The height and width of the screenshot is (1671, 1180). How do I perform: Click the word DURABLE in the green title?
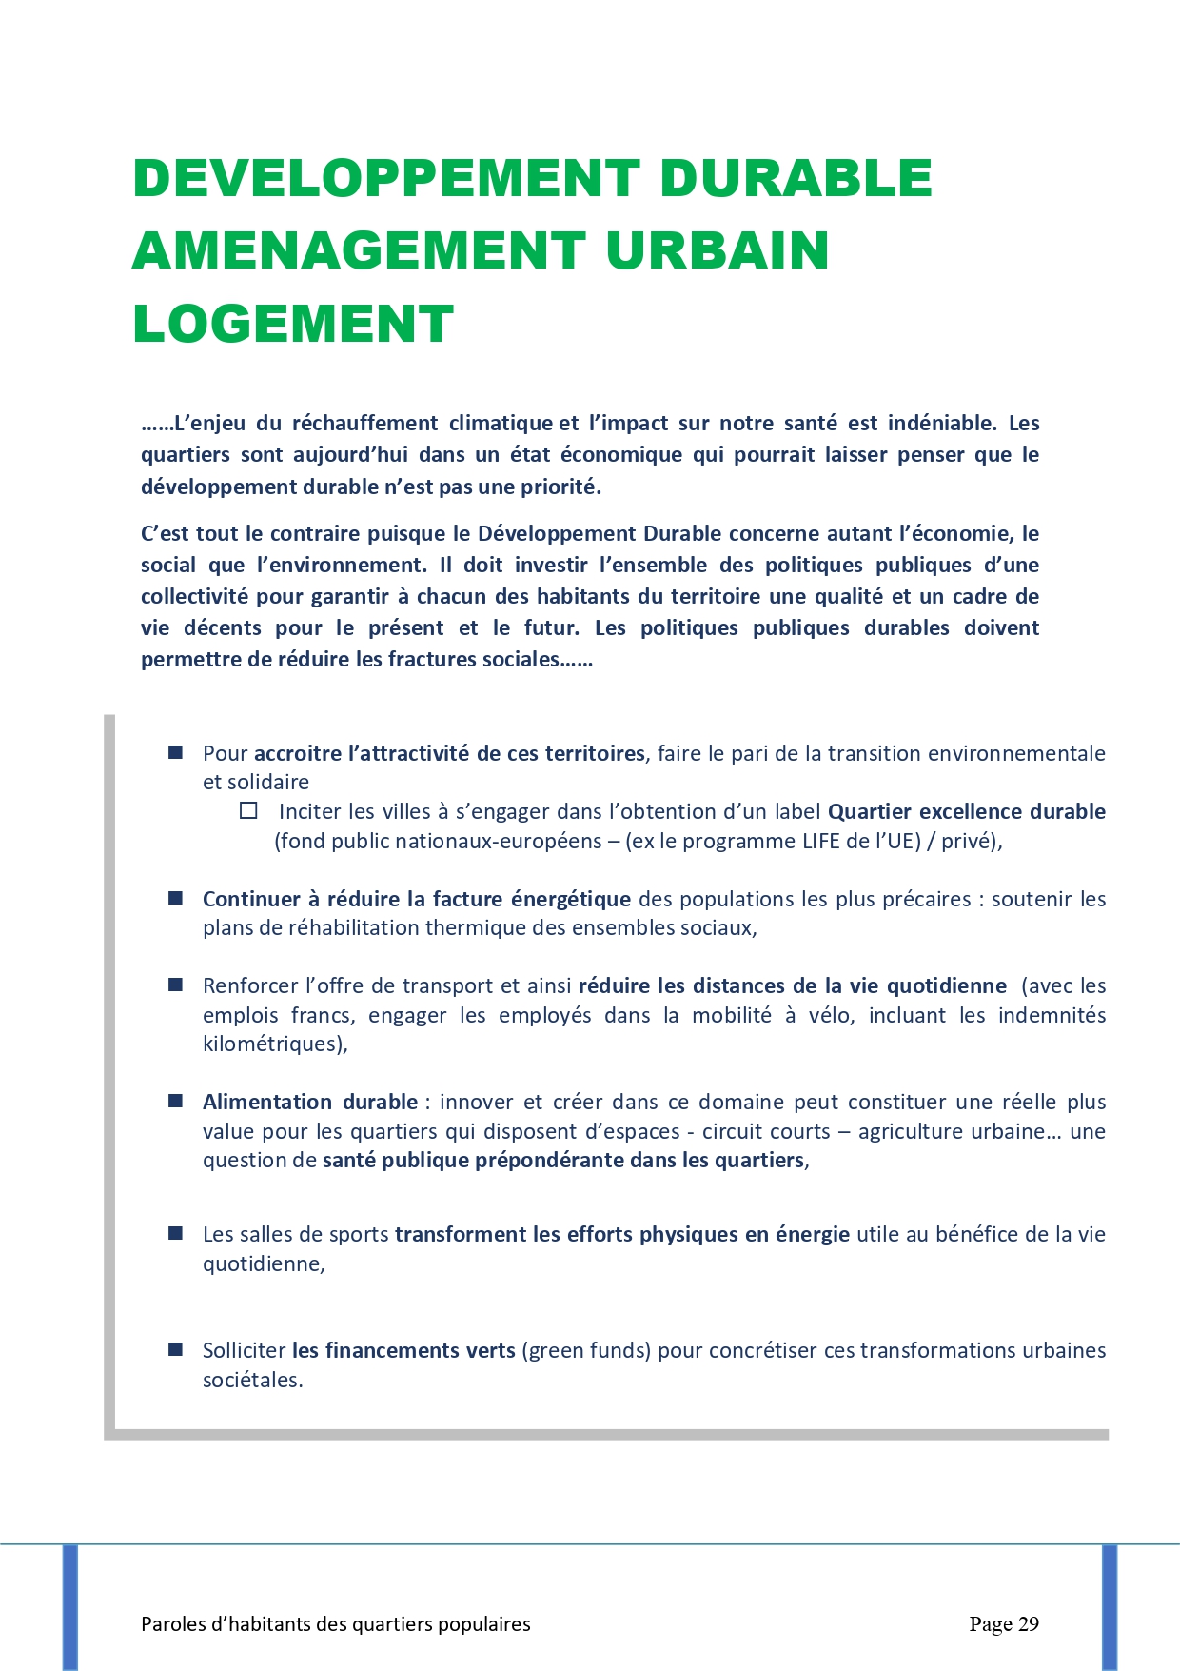(x=795, y=178)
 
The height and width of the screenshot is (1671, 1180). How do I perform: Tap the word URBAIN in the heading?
(x=717, y=250)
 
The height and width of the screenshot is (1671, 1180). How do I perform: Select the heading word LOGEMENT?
(x=293, y=324)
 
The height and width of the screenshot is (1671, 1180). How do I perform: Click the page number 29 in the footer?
(x=1028, y=1623)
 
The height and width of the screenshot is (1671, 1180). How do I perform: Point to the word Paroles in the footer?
(x=172, y=1624)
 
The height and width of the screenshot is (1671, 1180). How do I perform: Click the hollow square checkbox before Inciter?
(x=248, y=810)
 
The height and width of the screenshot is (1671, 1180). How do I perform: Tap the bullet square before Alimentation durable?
(x=175, y=1101)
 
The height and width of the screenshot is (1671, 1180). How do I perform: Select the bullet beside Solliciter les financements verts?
(x=175, y=1349)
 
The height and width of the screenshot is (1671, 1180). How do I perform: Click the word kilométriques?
(x=273, y=1044)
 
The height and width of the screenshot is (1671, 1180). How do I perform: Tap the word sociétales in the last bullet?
(x=251, y=1380)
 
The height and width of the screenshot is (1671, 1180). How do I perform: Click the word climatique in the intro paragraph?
(x=501, y=423)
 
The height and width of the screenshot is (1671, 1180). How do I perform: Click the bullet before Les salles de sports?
(x=175, y=1233)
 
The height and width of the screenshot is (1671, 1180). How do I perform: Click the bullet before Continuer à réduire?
(x=175, y=898)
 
